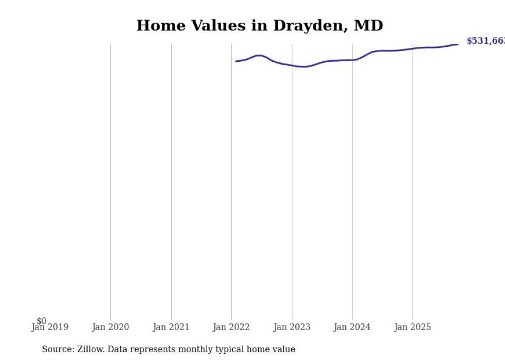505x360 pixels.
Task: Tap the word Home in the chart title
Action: tap(160, 26)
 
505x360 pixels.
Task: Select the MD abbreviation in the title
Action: tap(368, 26)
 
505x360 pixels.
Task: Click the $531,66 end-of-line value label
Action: tap(485, 41)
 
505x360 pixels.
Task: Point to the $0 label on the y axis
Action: tap(41, 321)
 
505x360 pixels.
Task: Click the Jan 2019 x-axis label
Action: tap(49, 327)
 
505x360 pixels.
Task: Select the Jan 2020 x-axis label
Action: tap(110, 327)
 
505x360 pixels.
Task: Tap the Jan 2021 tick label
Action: tap(171, 327)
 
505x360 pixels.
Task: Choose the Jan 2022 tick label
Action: tap(231, 327)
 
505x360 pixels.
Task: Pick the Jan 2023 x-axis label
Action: tap(292, 327)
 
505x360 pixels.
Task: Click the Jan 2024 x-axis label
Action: tap(352, 327)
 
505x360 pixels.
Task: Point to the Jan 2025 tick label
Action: tap(412, 327)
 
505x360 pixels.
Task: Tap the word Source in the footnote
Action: tap(58, 349)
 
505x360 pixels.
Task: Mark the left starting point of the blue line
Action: tap(236, 61)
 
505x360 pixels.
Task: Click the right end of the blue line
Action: tap(458, 44)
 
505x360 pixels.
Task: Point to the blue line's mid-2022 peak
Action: tap(259, 55)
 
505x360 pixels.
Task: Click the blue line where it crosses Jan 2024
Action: tap(352, 60)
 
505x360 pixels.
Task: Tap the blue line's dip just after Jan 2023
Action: tap(305, 66)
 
